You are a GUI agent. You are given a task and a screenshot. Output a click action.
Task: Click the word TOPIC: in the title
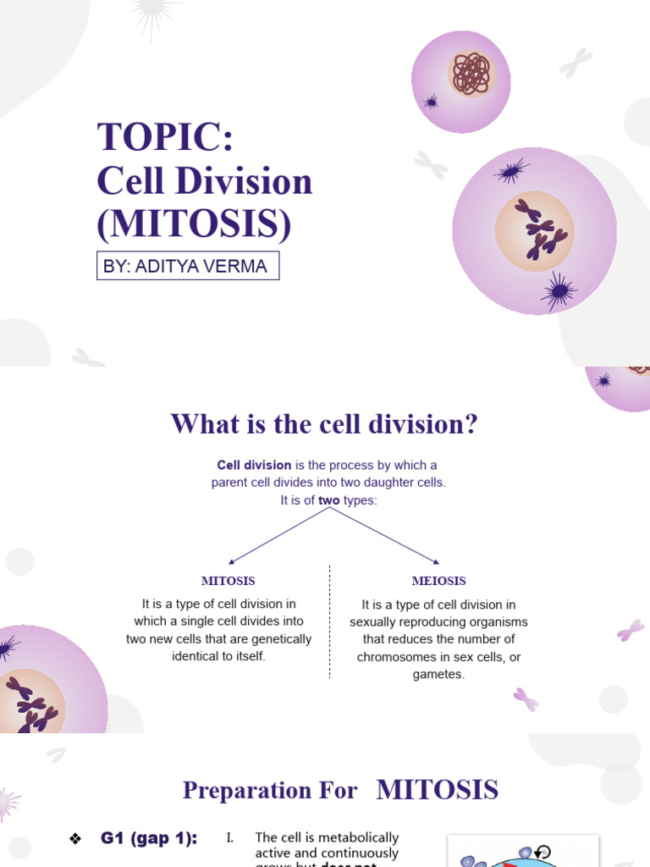pyautogui.click(x=165, y=137)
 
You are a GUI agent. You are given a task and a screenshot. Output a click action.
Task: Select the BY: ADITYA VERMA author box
pyautogui.click(x=187, y=266)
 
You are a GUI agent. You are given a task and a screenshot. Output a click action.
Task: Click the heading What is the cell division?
pyautogui.click(x=324, y=423)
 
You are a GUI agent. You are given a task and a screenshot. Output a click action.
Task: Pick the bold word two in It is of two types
pyautogui.click(x=328, y=500)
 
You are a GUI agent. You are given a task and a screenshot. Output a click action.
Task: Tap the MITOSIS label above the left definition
pyautogui.click(x=228, y=581)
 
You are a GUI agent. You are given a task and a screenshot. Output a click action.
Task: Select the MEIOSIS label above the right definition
pyautogui.click(x=438, y=581)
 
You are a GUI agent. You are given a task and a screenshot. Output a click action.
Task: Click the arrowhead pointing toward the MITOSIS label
pyautogui.click(x=232, y=561)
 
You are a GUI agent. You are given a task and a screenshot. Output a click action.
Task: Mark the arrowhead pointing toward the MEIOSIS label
pyautogui.click(x=435, y=561)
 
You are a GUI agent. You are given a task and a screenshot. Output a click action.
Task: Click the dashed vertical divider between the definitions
pyautogui.click(x=329, y=622)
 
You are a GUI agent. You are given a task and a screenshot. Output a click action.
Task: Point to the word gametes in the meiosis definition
pyautogui.click(x=438, y=674)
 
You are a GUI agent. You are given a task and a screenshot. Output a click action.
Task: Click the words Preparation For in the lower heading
pyautogui.click(x=270, y=791)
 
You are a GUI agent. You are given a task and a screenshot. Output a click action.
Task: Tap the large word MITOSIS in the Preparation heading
pyautogui.click(x=437, y=790)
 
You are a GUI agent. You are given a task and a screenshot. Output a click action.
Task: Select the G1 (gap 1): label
pyautogui.click(x=149, y=838)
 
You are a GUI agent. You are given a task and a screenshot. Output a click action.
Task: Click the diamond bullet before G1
pyautogui.click(x=74, y=839)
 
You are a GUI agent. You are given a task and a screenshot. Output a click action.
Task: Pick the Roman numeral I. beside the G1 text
pyautogui.click(x=229, y=838)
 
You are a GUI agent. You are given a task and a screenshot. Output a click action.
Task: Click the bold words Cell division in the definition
pyautogui.click(x=254, y=465)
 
